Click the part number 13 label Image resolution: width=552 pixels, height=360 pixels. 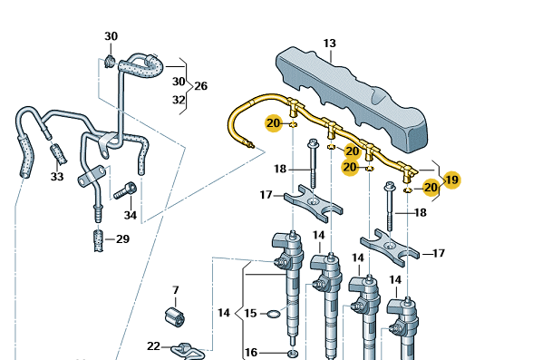pos(330,44)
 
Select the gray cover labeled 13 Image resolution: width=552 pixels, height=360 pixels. pos(352,100)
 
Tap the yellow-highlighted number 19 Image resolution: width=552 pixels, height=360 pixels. pos(452,180)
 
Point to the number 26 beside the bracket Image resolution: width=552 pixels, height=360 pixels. pos(200,86)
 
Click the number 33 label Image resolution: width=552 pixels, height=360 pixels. pos(57,176)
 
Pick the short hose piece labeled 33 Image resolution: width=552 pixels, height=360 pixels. pos(58,154)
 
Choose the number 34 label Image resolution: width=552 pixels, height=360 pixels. pos(131,215)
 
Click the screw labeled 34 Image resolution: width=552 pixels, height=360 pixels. pos(125,190)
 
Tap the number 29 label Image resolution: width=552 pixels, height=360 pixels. pos(123,239)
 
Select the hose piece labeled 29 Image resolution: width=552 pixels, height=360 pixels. pos(99,240)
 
